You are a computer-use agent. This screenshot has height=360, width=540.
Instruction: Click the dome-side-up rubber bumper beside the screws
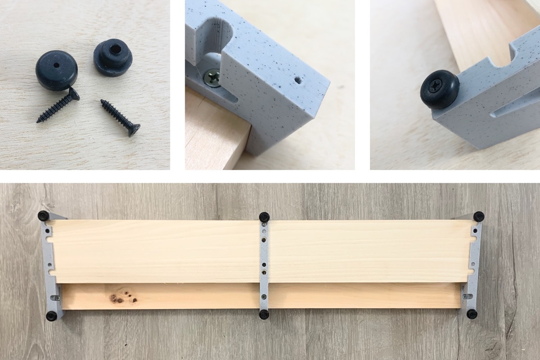56,70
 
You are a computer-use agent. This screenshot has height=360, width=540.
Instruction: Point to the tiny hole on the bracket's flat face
297,81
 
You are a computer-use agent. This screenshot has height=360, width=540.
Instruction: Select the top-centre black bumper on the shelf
264,216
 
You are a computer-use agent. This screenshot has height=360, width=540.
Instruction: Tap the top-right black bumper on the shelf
479,216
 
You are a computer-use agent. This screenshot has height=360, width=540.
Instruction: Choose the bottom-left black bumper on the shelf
52,316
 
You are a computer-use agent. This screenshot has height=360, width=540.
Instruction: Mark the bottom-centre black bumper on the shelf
264,315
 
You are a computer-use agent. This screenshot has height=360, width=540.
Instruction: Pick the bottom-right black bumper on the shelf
472,314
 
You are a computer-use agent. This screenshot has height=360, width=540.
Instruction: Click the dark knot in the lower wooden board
121,297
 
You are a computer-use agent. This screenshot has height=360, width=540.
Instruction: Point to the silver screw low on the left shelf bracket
56,297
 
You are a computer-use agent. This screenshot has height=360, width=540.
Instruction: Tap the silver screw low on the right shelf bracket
465,296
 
